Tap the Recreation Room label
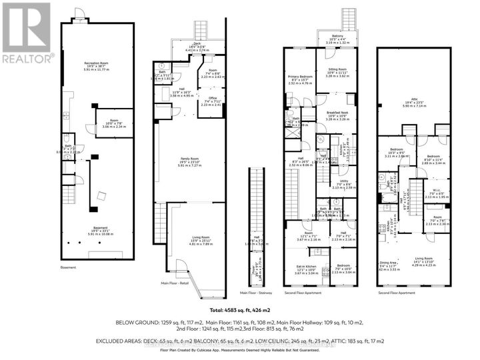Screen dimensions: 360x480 click(97, 65)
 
